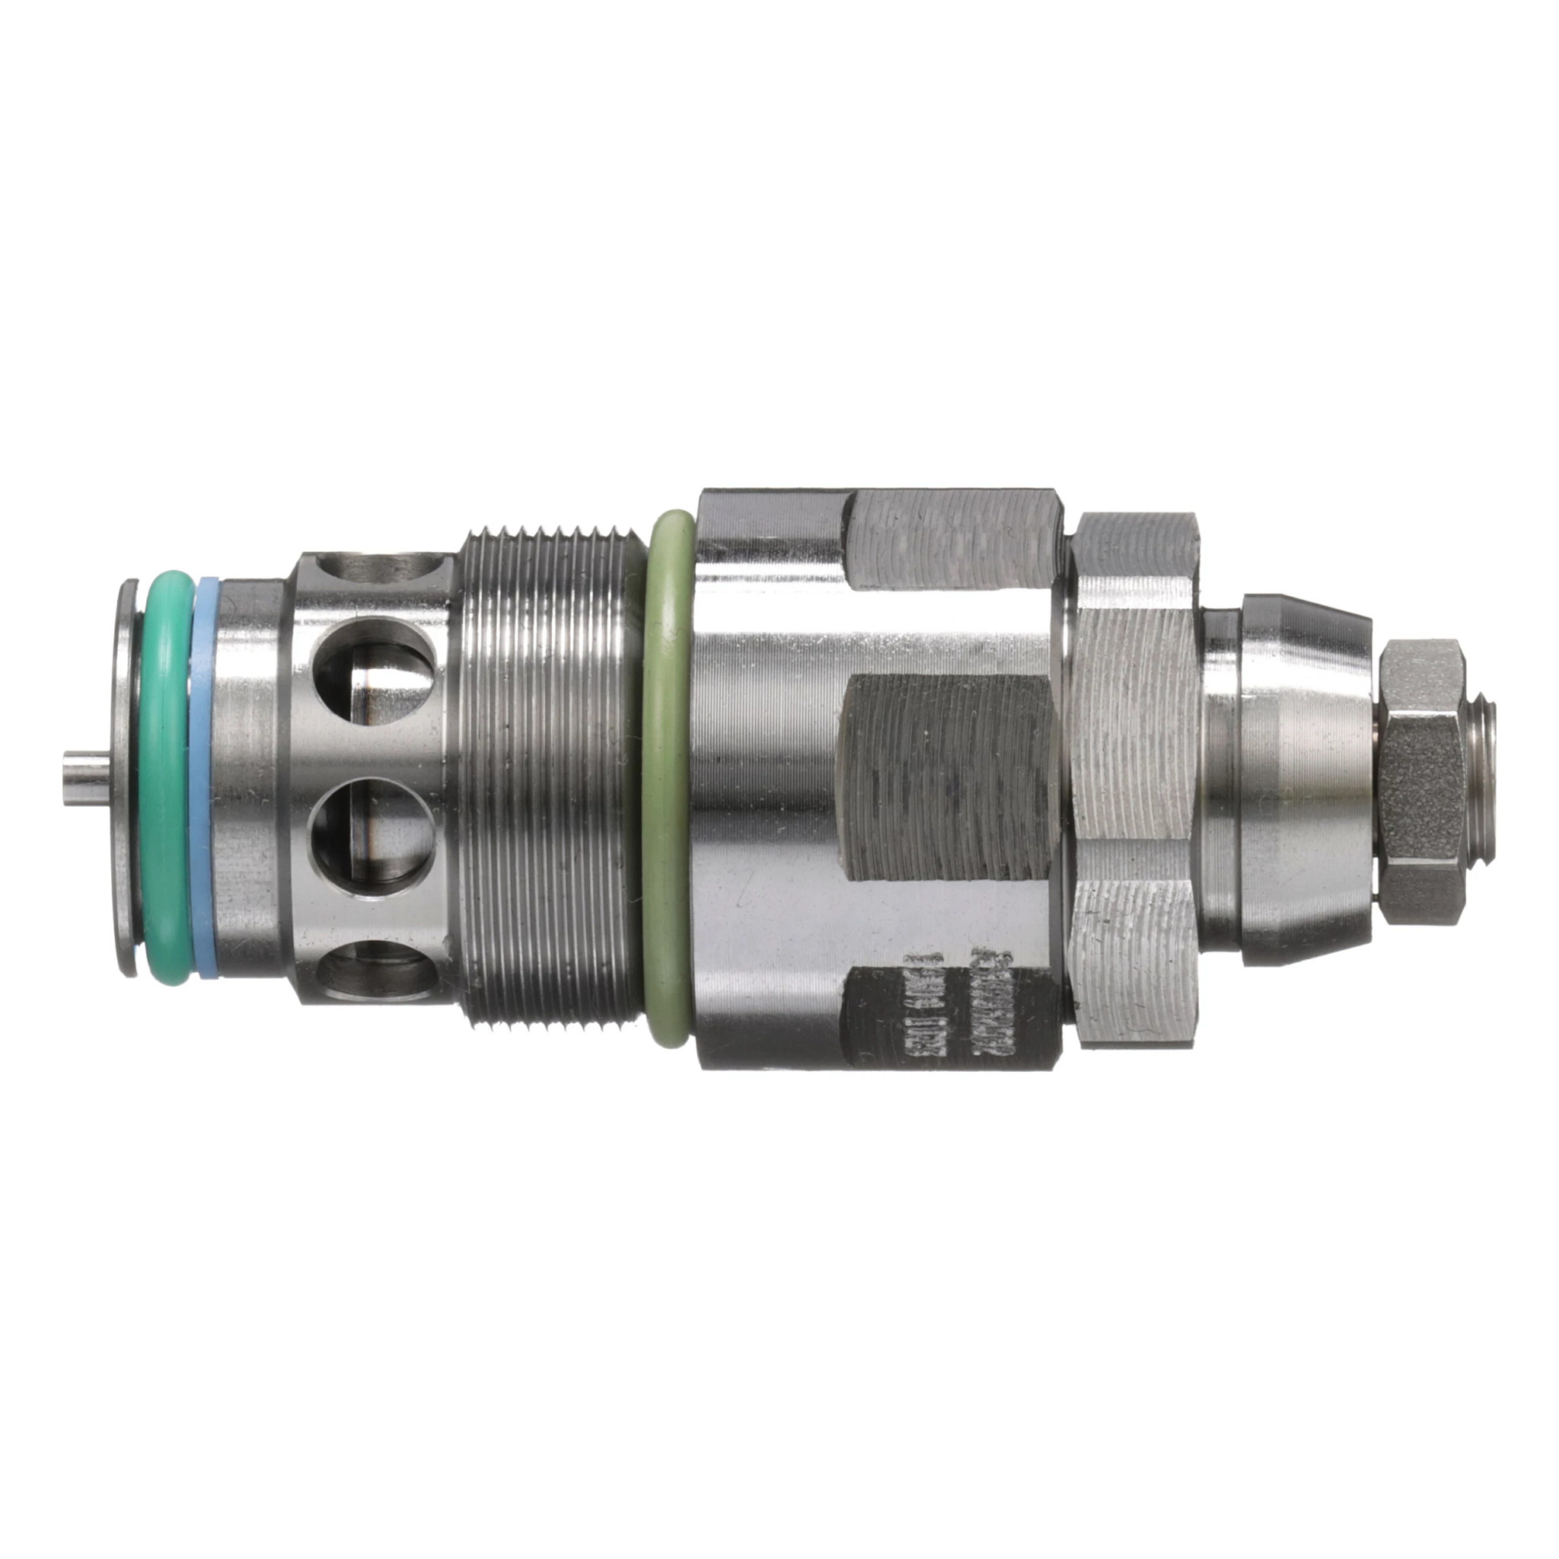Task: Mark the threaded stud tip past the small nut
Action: click(x=1481, y=779)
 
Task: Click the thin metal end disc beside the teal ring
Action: click(x=126, y=779)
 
